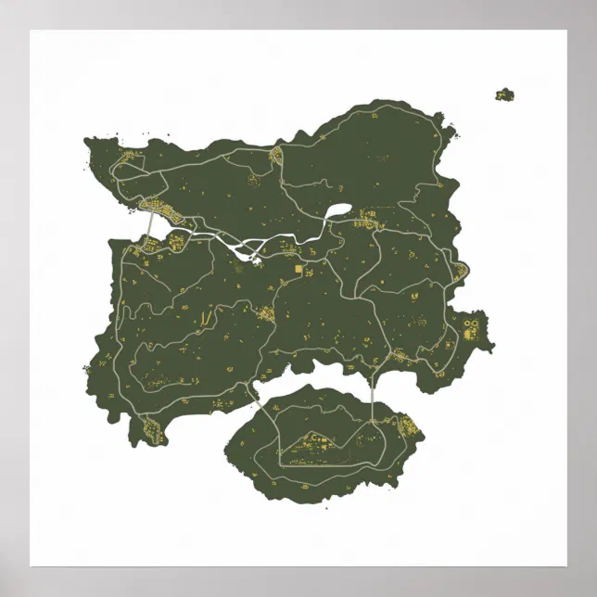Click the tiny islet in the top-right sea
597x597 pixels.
pos(504,94)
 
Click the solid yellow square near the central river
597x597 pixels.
pos(298,269)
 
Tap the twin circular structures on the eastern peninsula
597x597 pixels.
pos(470,324)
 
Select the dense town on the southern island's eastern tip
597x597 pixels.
pos(405,429)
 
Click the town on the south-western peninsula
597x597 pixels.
pos(151,427)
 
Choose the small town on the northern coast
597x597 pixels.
pos(276,156)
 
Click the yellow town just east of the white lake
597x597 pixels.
pos(368,220)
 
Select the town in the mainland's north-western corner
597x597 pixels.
pos(125,167)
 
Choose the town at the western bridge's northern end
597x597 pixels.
pos(150,205)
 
